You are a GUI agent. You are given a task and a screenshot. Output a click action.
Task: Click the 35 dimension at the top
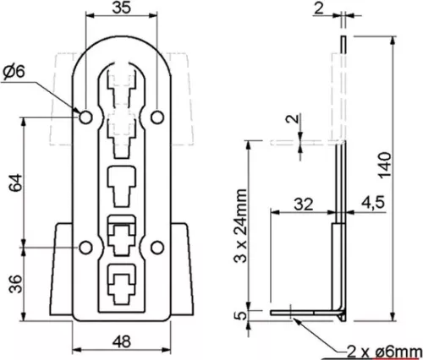(123, 9)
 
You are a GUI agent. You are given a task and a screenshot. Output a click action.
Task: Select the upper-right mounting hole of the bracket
(159, 113)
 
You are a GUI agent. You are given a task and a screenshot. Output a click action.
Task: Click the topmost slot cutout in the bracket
(123, 85)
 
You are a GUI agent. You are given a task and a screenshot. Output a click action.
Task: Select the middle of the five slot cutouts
(123, 183)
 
